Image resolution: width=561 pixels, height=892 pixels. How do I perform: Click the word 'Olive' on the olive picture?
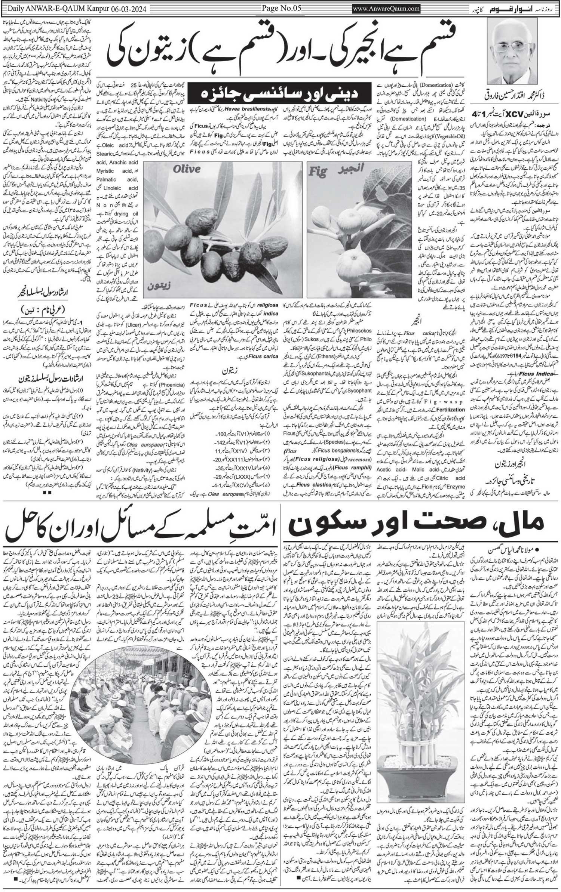(187, 169)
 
